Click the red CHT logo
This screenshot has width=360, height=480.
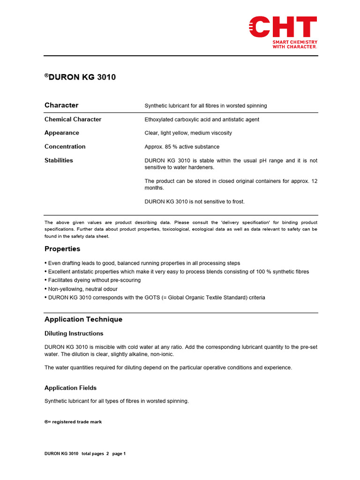click(x=283, y=27)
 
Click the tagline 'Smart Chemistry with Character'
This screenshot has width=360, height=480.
click(x=295, y=45)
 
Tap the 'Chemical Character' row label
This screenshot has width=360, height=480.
click(x=73, y=120)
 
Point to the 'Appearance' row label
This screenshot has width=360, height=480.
click(x=62, y=133)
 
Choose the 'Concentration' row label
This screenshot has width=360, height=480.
click(x=65, y=147)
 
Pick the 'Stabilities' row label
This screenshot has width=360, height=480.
click(x=59, y=160)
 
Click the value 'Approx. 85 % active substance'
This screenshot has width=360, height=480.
click(x=182, y=147)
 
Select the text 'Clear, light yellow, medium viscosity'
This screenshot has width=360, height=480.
click(x=188, y=133)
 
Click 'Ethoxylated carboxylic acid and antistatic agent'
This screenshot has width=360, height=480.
click(x=202, y=120)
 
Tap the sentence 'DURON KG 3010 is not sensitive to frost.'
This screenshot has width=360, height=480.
click(x=195, y=202)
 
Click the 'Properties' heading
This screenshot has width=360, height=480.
click(x=62, y=249)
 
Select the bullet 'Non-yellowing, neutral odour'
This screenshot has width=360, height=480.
click(x=83, y=289)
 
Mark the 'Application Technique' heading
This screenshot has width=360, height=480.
click(x=83, y=319)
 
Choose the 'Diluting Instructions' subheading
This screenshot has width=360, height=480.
click(x=74, y=334)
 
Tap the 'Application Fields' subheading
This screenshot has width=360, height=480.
click(x=70, y=388)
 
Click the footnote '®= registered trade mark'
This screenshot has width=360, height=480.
click(x=73, y=422)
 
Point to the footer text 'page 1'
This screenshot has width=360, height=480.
click(x=119, y=454)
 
